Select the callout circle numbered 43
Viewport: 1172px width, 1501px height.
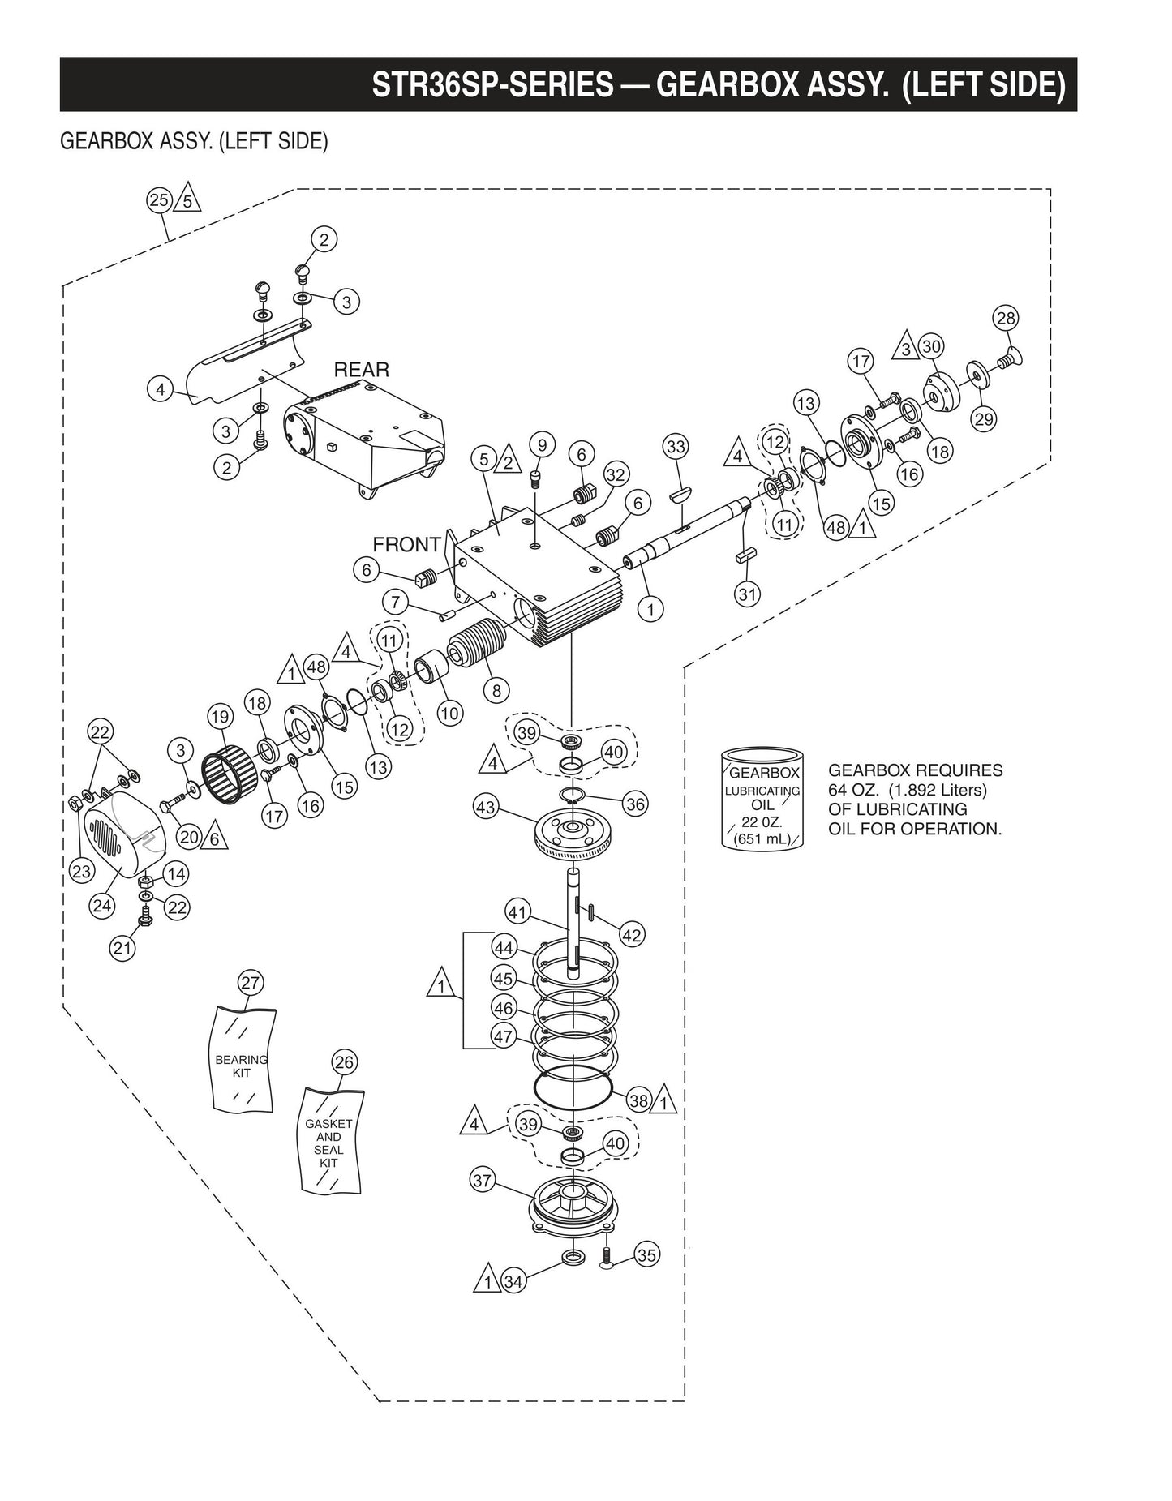486,807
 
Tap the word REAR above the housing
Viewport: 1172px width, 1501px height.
362,370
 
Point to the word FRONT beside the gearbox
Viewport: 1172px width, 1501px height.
406,544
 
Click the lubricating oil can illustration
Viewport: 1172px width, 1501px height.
763,799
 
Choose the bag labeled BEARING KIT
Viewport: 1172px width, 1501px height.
243,1060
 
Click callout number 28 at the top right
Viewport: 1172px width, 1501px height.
1006,318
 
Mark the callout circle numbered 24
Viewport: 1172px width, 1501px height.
102,905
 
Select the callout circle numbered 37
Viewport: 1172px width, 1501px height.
483,1181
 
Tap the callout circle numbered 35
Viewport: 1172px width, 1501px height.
646,1255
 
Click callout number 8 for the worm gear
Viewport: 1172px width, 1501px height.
496,691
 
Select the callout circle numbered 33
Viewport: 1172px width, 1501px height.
676,446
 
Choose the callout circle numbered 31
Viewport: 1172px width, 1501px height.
747,594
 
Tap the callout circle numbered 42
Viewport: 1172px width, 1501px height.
632,935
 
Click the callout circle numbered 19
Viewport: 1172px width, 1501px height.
220,716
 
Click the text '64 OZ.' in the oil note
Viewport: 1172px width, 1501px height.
852,790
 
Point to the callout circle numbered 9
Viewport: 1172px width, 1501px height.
542,444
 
